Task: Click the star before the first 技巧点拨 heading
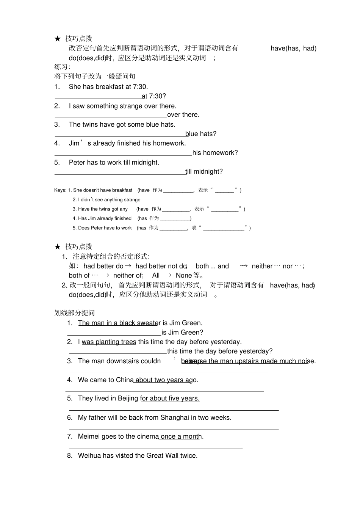pos(57,39)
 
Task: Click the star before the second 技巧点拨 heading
pos(57,247)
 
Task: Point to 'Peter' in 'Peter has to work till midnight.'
pos(77,163)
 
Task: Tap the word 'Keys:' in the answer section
pos(60,190)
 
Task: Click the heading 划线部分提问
pos(75,313)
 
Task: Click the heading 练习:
pos(62,67)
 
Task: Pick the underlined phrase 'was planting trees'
pos(109,342)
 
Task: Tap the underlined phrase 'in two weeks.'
pos(211,418)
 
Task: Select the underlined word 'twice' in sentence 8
pos(188,456)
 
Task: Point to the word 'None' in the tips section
pos(183,276)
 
